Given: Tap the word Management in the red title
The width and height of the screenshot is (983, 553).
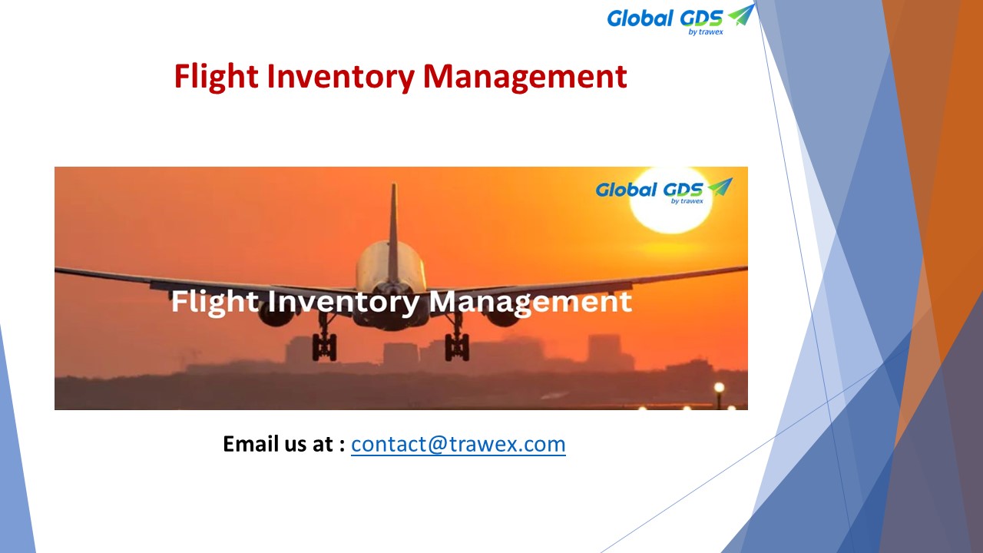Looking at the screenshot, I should (x=525, y=77).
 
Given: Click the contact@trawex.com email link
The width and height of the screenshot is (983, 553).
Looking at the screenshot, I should (x=458, y=444).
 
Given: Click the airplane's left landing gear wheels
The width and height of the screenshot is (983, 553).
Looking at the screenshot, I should (x=324, y=346).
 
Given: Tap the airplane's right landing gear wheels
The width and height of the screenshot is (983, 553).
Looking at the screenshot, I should (x=457, y=346).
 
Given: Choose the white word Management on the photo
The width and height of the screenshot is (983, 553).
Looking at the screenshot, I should (x=531, y=302).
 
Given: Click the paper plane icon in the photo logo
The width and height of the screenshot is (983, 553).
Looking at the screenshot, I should (x=720, y=187).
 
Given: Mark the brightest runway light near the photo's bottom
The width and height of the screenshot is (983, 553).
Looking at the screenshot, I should (x=719, y=388).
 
